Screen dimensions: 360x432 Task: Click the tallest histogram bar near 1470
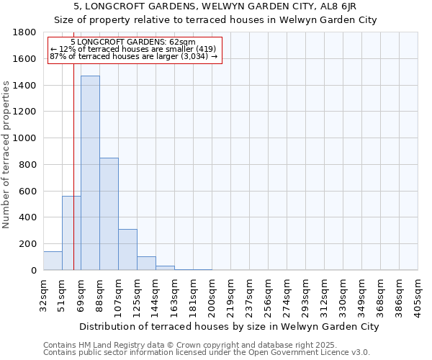90,173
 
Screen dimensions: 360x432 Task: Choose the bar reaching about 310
127,249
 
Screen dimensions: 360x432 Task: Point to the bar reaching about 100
146,263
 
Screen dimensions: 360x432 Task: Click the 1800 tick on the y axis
27,32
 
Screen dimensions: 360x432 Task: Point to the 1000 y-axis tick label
27,138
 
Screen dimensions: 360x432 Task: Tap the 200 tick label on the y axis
29,244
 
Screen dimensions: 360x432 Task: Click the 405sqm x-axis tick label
418,294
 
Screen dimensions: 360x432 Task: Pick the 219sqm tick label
230,294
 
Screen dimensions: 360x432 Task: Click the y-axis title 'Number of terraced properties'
6,155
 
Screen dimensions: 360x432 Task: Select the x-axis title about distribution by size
229,326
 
